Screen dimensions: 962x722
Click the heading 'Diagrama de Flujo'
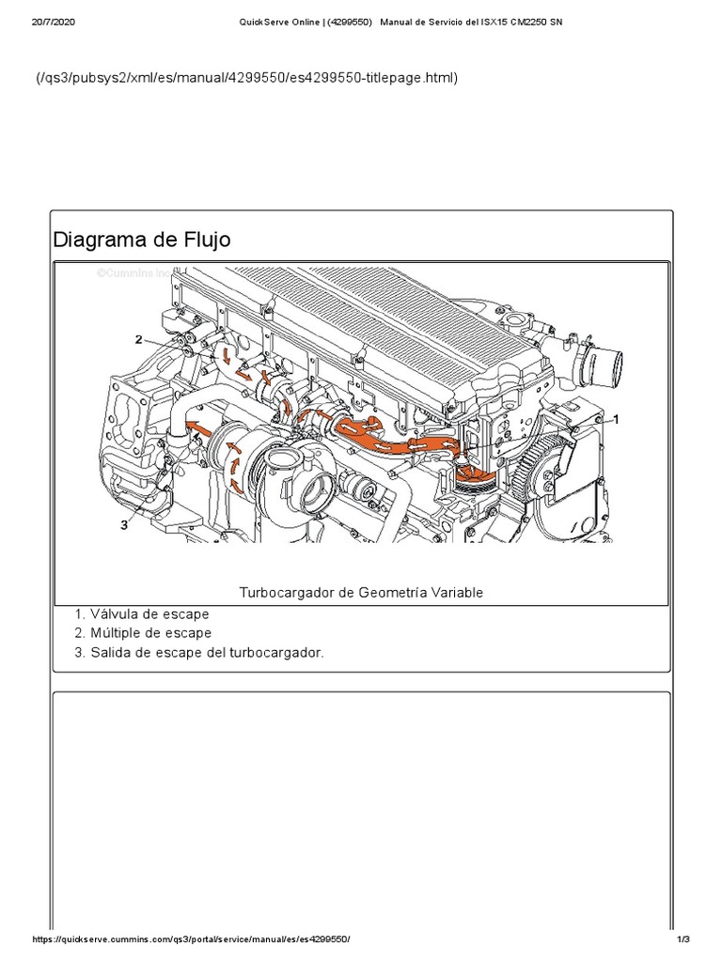[141, 240]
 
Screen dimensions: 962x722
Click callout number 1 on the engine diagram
[616, 416]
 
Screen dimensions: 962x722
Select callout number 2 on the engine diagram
[138, 339]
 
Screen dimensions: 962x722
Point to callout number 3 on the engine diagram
[123, 525]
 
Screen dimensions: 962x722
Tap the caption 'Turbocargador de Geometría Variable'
[361, 592]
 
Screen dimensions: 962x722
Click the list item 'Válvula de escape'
[149, 614]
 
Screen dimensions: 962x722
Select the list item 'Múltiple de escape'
[150, 633]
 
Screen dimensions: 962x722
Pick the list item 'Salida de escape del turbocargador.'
[207, 652]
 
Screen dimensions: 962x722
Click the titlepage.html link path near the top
[246, 78]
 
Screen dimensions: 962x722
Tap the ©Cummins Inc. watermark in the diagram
[133, 273]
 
